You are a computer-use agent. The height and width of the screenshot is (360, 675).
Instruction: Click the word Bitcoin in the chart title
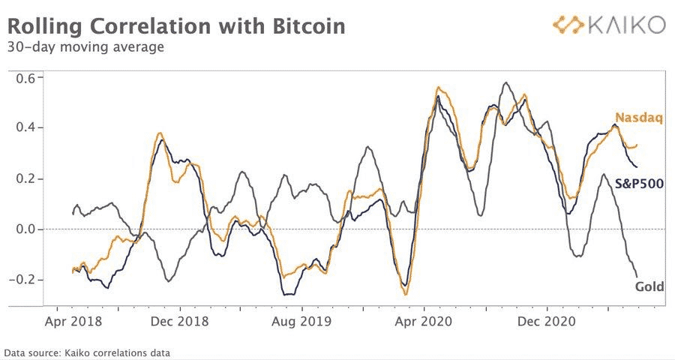[x=303, y=27]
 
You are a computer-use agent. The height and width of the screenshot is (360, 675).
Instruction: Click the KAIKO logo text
[x=625, y=25]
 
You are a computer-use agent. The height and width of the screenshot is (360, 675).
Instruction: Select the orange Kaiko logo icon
[x=569, y=25]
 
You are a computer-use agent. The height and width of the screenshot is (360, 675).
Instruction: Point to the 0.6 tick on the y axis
[x=28, y=77]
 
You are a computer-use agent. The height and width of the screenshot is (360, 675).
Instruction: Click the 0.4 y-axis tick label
[x=28, y=128]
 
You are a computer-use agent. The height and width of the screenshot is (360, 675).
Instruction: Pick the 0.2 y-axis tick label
[x=28, y=178]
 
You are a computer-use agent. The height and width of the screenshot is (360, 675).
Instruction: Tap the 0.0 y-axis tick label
[x=28, y=229]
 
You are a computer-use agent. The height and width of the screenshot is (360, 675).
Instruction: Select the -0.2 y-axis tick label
[x=25, y=280]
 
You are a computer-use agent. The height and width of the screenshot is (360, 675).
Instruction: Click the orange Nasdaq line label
[x=638, y=117]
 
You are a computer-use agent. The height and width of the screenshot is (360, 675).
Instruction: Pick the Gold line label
[x=649, y=286]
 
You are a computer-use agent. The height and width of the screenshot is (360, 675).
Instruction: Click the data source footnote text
[x=87, y=352]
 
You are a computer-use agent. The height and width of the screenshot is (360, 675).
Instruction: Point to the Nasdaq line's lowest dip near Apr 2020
[x=406, y=294]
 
